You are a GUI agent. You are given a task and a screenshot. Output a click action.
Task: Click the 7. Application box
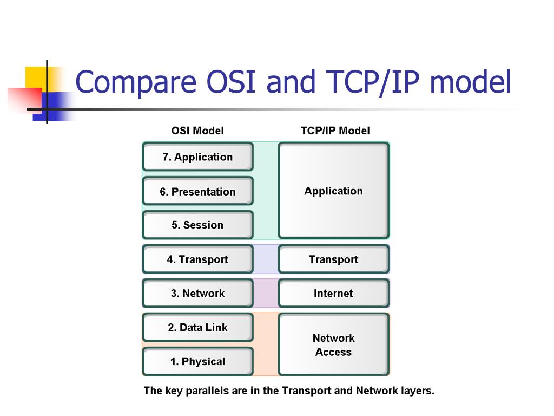click(x=197, y=157)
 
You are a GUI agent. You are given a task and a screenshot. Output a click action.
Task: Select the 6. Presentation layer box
click(x=197, y=191)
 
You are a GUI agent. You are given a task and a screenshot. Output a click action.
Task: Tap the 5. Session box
click(x=197, y=225)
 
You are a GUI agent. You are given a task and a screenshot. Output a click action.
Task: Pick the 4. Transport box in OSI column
click(x=197, y=259)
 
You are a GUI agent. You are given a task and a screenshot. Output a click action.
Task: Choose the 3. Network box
click(x=197, y=293)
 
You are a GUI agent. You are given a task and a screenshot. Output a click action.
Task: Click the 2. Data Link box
click(x=197, y=327)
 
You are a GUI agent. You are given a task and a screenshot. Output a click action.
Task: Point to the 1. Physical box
click(x=197, y=361)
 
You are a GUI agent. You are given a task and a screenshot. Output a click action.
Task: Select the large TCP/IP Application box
click(x=333, y=191)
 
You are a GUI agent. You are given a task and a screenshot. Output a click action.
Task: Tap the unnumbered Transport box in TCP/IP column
click(x=333, y=259)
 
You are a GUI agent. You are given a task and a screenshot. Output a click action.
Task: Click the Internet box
click(x=333, y=293)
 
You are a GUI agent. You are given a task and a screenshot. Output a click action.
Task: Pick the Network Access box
click(x=333, y=344)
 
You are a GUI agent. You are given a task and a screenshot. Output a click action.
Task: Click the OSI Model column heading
click(x=197, y=131)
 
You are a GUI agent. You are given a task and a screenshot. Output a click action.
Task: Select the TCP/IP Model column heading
click(x=335, y=131)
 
